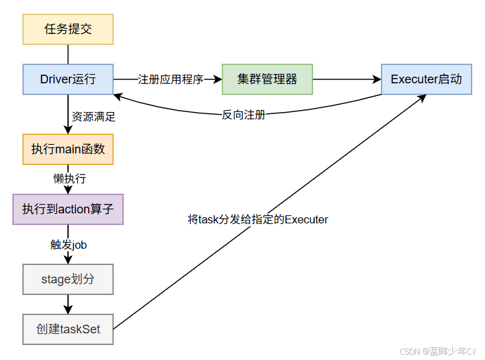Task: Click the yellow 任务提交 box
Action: [x=68, y=29]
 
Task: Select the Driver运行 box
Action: [x=68, y=79]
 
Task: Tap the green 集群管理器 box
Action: [x=268, y=79]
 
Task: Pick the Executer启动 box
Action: [x=426, y=79]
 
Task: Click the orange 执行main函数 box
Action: [x=68, y=149]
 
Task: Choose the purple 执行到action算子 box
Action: [x=68, y=209]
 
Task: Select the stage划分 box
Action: [x=68, y=279]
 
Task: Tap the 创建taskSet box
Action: [x=68, y=329]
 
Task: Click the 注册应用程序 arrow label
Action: [x=170, y=79]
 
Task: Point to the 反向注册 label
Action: [x=244, y=115]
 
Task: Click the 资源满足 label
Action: [x=93, y=117]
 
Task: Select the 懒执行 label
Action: [x=69, y=179]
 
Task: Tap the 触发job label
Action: [x=69, y=245]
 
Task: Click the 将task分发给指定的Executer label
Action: [x=258, y=219]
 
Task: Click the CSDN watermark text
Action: [x=438, y=351]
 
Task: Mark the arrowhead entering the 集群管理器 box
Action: [x=218, y=79]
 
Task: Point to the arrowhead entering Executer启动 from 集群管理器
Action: [x=378, y=79]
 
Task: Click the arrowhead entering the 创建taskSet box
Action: [x=68, y=310]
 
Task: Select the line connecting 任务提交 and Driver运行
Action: [x=68, y=55]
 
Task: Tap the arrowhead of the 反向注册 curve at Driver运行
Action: [x=117, y=97]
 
